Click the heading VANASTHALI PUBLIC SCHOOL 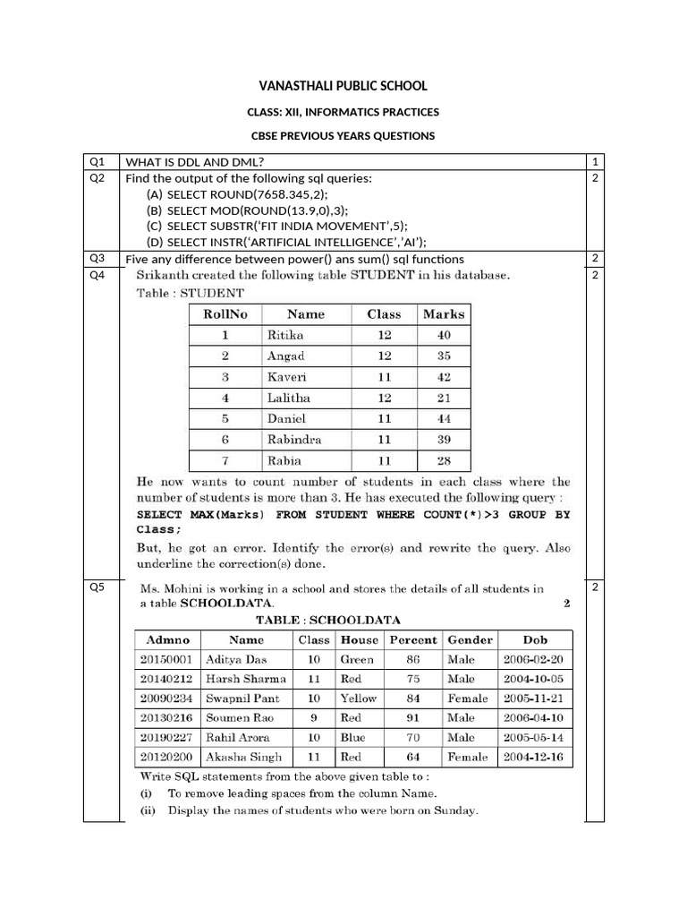(x=343, y=86)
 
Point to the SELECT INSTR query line (x=286, y=242)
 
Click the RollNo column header (x=226, y=314)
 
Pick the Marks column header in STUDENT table (x=445, y=314)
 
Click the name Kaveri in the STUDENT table (x=286, y=377)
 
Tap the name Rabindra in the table (x=294, y=440)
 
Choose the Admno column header (x=167, y=640)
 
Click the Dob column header (x=535, y=640)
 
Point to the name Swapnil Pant (x=242, y=698)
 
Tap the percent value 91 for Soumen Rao (x=412, y=718)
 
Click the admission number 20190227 (x=167, y=738)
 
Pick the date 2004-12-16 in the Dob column (x=535, y=758)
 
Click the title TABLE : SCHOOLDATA (x=328, y=620)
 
